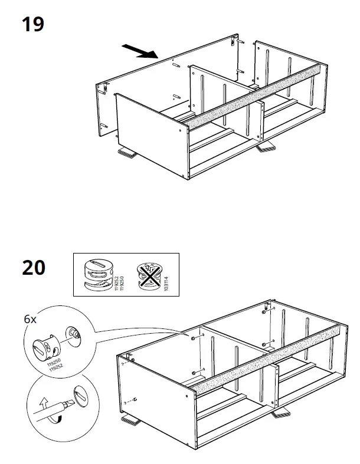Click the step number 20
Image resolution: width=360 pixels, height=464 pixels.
click(34, 268)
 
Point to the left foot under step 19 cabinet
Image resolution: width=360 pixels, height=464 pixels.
click(126, 153)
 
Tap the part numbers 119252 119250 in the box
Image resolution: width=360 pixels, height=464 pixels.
click(120, 275)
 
